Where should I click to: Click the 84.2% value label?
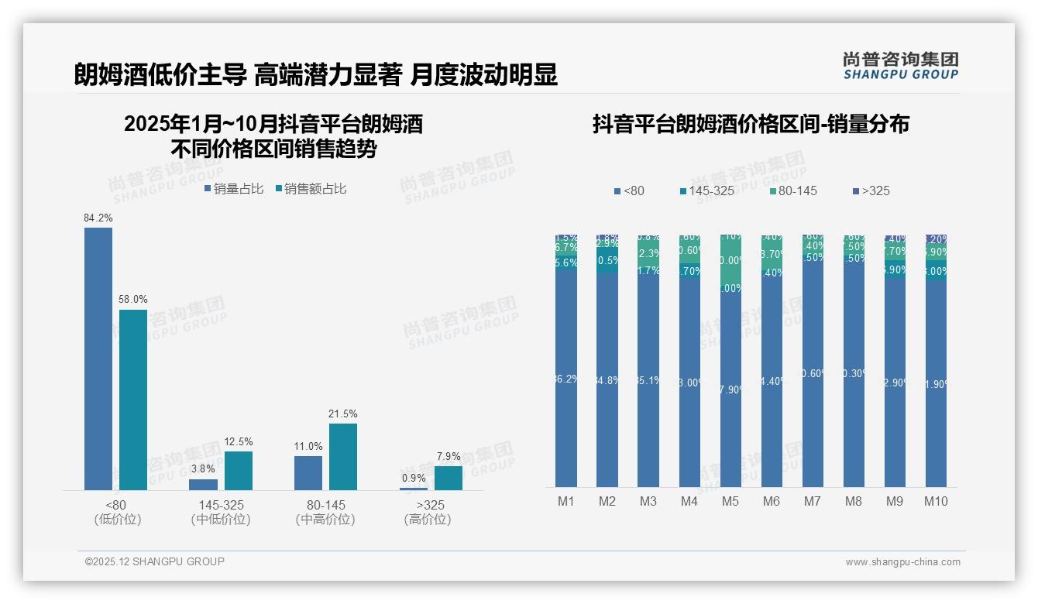click(x=98, y=218)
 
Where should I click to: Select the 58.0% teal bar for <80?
click(x=133, y=400)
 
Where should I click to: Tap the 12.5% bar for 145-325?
click(x=239, y=471)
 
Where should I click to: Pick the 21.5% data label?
click(x=343, y=414)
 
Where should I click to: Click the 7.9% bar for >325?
click(x=449, y=478)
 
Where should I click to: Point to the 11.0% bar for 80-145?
click(x=308, y=472)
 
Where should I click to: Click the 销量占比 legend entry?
click(x=234, y=188)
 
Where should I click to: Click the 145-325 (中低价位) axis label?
click(x=221, y=512)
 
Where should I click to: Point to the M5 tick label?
click(x=730, y=501)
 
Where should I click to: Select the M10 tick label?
click(x=936, y=501)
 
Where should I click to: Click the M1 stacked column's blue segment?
click(x=566, y=379)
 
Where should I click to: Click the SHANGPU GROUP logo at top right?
click(x=901, y=66)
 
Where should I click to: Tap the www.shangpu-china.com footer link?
click(x=902, y=562)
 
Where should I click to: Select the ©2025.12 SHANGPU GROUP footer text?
click(x=155, y=561)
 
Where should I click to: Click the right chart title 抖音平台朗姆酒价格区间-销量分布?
click(x=751, y=124)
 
